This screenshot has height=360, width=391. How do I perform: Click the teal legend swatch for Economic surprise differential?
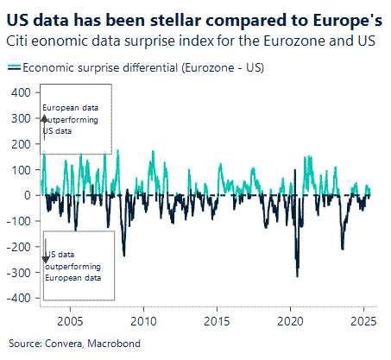click(x=14, y=66)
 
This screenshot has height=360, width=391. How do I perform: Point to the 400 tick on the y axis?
click(x=19, y=92)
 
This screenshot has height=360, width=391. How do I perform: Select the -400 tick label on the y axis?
click(x=17, y=298)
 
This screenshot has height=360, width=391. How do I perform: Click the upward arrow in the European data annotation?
click(x=44, y=116)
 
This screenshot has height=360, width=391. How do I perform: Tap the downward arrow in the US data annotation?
click(x=45, y=258)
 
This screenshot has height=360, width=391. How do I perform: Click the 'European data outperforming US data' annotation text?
click(x=71, y=119)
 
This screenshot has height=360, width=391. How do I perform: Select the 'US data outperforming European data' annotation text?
click(x=74, y=266)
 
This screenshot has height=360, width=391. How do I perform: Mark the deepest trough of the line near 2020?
click(x=298, y=275)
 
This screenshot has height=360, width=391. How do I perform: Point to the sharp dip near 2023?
click(x=342, y=249)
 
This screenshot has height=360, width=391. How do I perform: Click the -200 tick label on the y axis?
click(x=17, y=247)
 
